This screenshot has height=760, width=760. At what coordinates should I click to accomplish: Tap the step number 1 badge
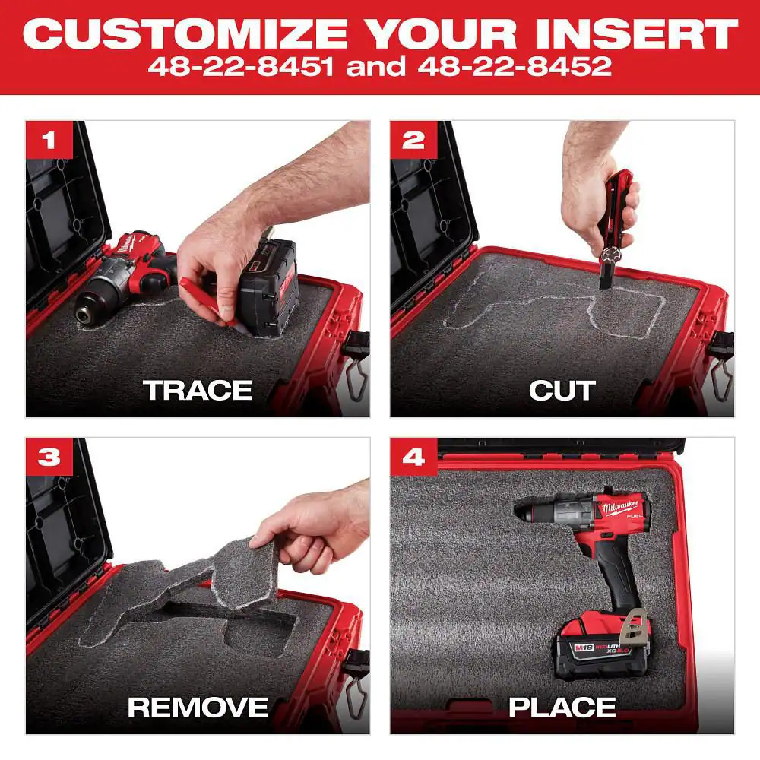point(49,140)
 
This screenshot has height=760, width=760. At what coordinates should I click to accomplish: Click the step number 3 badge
point(49,457)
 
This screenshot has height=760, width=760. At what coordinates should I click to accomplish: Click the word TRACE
point(198,391)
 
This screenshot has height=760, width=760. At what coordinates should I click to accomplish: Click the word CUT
point(562,391)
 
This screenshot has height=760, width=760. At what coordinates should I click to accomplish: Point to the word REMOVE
point(198,708)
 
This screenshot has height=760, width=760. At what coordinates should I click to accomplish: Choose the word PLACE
point(562,708)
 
